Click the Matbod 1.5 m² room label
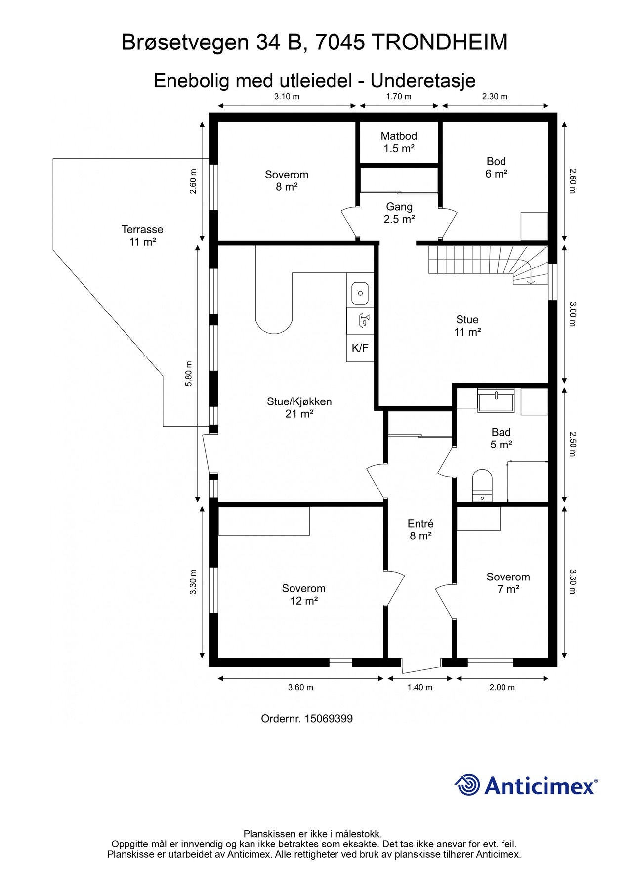pyautogui.click(x=398, y=142)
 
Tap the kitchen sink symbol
pyautogui.click(x=360, y=293)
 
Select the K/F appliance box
pyautogui.click(x=360, y=348)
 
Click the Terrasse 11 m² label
pyautogui.click(x=142, y=236)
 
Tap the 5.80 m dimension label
pyautogui.click(x=188, y=374)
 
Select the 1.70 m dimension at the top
pyautogui.click(x=398, y=97)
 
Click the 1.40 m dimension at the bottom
pyautogui.click(x=419, y=687)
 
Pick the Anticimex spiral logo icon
pyautogui.click(x=467, y=785)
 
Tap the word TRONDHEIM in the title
pyautogui.click(x=439, y=43)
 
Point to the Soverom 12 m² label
pyautogui.click(x=303, y=595)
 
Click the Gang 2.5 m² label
pyautogui.click(x=399, y=213)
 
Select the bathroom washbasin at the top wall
pyautogui.click(x=496, y=400)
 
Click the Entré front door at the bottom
pyautogui.click(x=420, y=666)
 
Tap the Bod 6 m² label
pyautogui.click(x=496, y=167)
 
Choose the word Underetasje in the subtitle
pyautogui.click(x=423, y=80)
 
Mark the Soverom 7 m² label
pyautogui.click(x=507, y=583)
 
